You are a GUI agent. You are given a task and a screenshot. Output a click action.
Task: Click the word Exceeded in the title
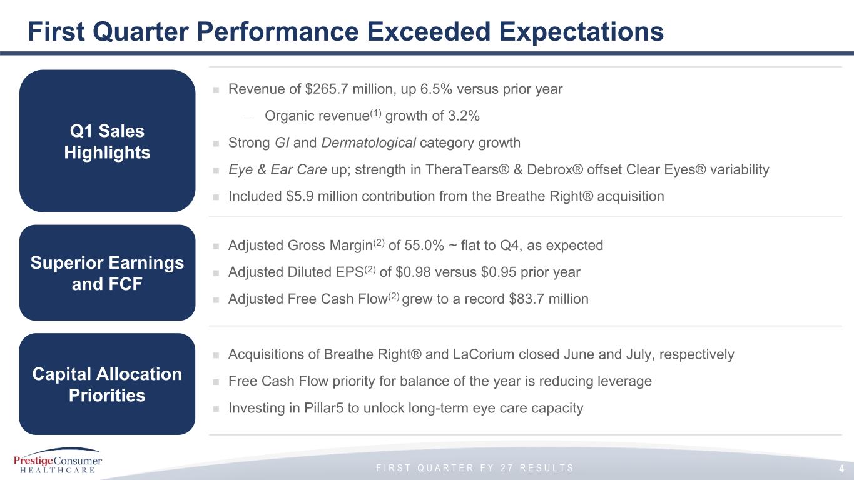pyautogui.click(x=429, y=31)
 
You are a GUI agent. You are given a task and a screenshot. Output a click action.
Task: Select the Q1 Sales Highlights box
pyautogui.click(x=107, y=141)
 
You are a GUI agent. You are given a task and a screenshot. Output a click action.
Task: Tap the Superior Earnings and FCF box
pyautogui.click(x=107, y=272)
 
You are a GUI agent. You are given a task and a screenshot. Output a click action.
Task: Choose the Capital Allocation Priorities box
pyautogui.click(x=107, y=384)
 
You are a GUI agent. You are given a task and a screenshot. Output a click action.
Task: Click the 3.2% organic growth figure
pyautogui.click(x=464, y=116)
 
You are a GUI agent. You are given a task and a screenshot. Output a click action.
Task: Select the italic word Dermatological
pyautogui.click(x=369, y=143)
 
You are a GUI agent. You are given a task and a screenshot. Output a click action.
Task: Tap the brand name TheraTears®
pyautogui.click(x=467, y=169)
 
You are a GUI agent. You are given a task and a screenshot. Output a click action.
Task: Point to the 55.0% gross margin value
pyautogui.click(x=424, y=246)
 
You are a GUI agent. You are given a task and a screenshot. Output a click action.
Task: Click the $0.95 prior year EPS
pyautogui.click(x=499, y=272)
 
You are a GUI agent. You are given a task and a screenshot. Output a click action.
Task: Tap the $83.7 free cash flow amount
pyautogui.click(x=527, y=299)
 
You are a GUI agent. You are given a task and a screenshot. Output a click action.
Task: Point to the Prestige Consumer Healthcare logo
pyautogui.click(x=58, y=461)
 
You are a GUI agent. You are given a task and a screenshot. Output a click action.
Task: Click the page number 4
pyautogui.click(x=841, y=469)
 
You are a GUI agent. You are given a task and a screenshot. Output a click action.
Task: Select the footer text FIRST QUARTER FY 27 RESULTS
pyautogui.click(x=475, y=468)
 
